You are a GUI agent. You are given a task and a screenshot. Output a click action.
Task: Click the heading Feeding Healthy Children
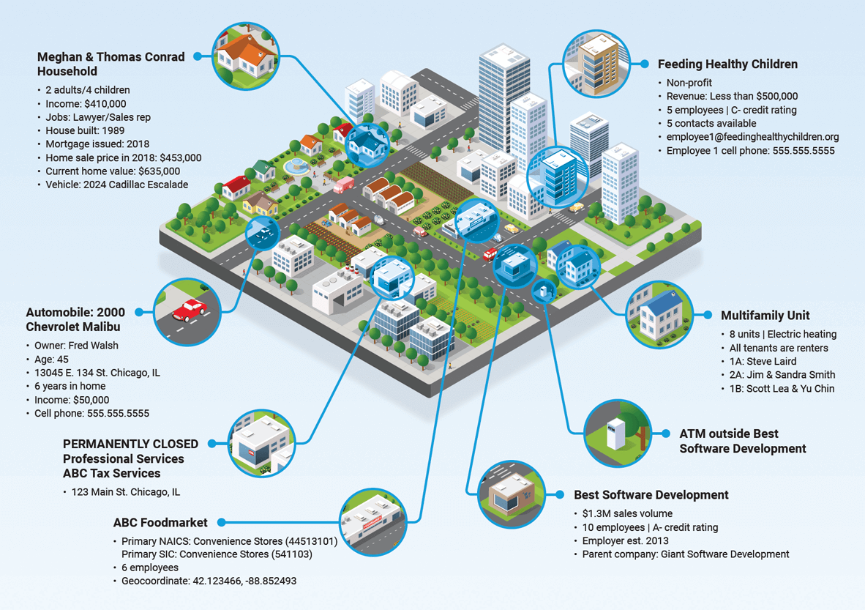pos(727,64)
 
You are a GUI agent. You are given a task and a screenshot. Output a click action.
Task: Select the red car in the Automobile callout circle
pos(190,310)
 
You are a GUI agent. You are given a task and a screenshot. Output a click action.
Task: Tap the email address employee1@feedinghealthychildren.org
pos(752,137)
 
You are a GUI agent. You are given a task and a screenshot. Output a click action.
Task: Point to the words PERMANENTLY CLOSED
pos(130,444)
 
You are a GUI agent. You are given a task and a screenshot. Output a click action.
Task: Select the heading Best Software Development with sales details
pos(651,495)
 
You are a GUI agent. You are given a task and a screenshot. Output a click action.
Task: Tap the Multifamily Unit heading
pos(765,316)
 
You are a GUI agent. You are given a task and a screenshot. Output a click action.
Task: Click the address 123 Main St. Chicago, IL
pos(125,492)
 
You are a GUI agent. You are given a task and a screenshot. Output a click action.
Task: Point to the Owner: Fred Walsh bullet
pos(76,346)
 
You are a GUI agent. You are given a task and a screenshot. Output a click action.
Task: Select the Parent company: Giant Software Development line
pos(686,554)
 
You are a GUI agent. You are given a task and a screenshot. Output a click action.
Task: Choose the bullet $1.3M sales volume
pos(627,513)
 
